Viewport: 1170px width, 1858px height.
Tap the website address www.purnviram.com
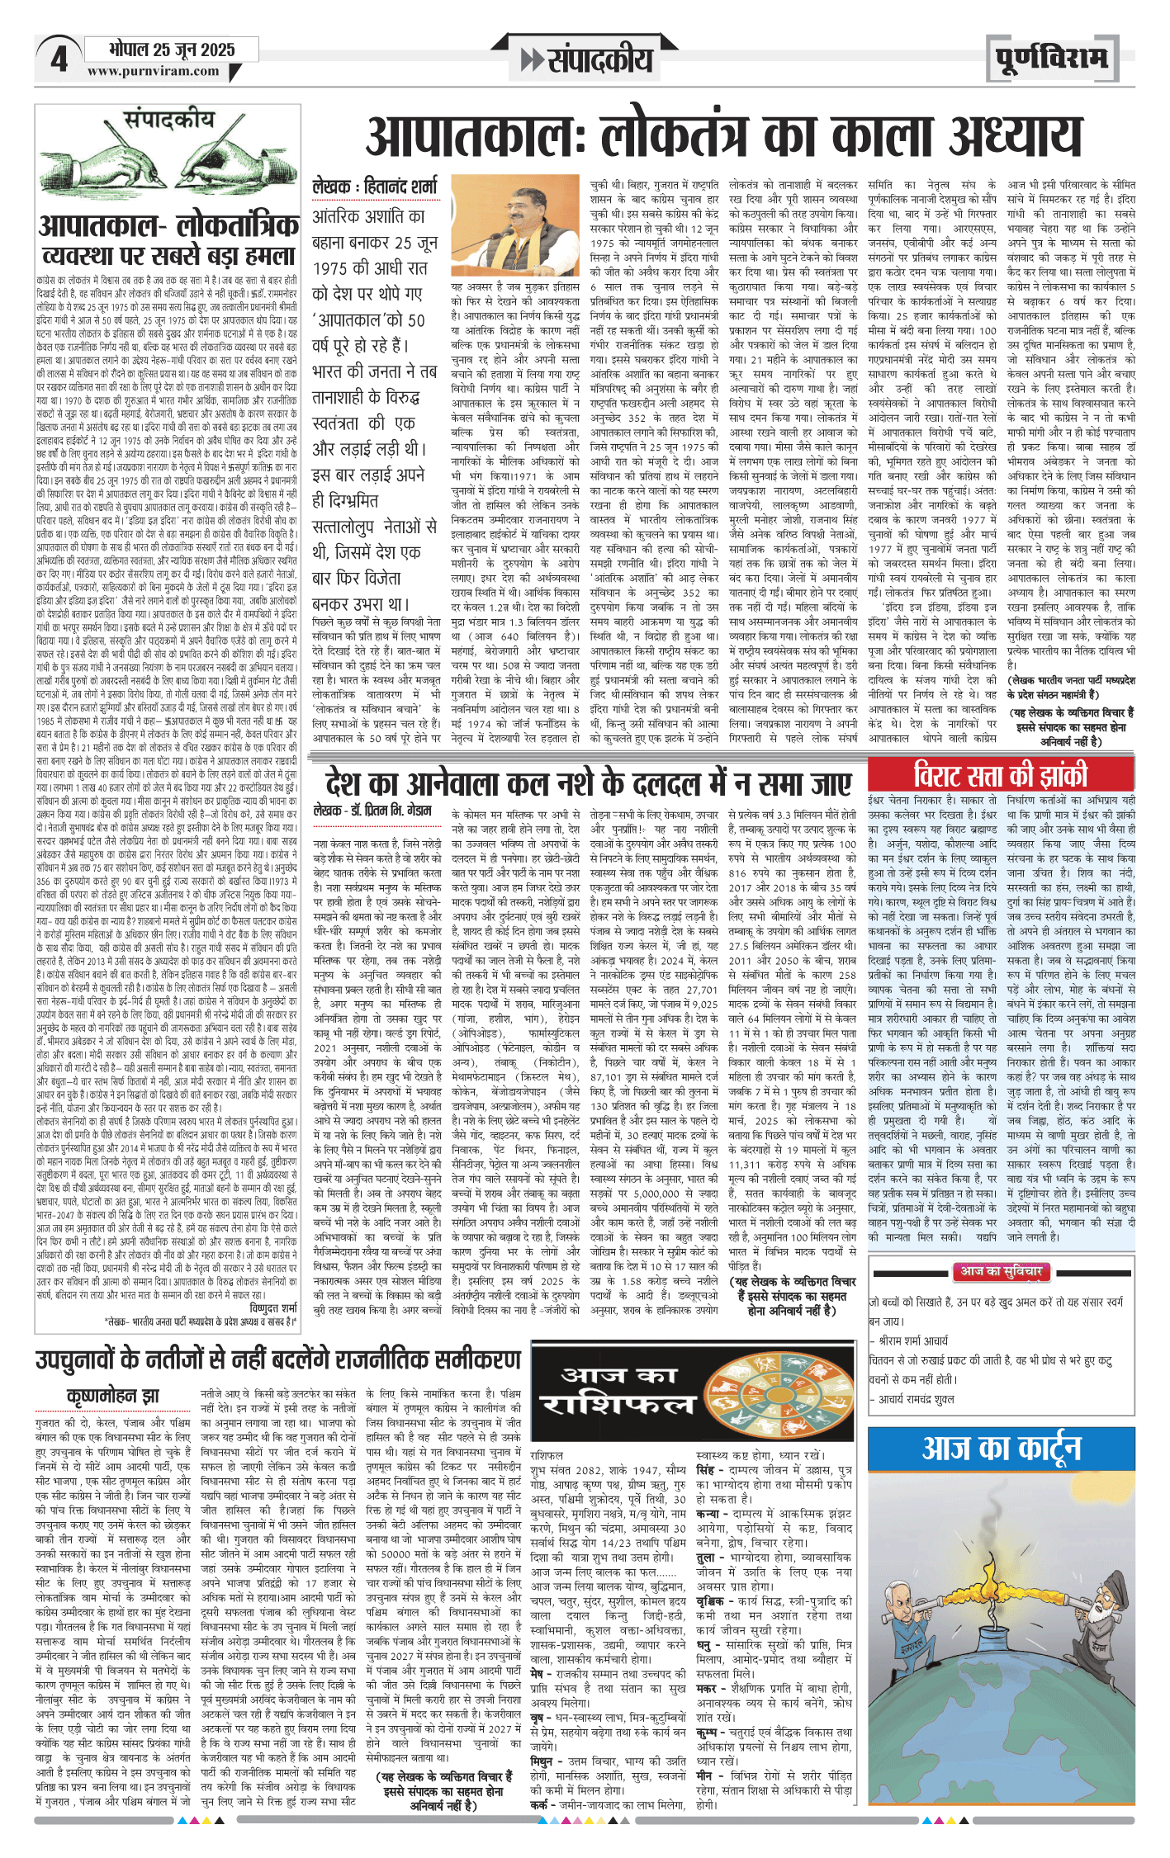(x=154, y=72)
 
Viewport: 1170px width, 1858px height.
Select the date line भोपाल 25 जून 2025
(x=172, y=50)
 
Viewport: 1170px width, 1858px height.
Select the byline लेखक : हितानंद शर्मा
(x=375, y=188)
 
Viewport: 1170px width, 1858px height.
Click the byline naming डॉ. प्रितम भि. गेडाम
(x=372, y=811)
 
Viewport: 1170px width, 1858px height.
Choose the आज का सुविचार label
(x=1001, y=1272)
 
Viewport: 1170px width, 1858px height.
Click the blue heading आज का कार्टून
(x=1001, y=1449)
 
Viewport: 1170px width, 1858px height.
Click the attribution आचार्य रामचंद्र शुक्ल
(x=917, y=1399)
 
